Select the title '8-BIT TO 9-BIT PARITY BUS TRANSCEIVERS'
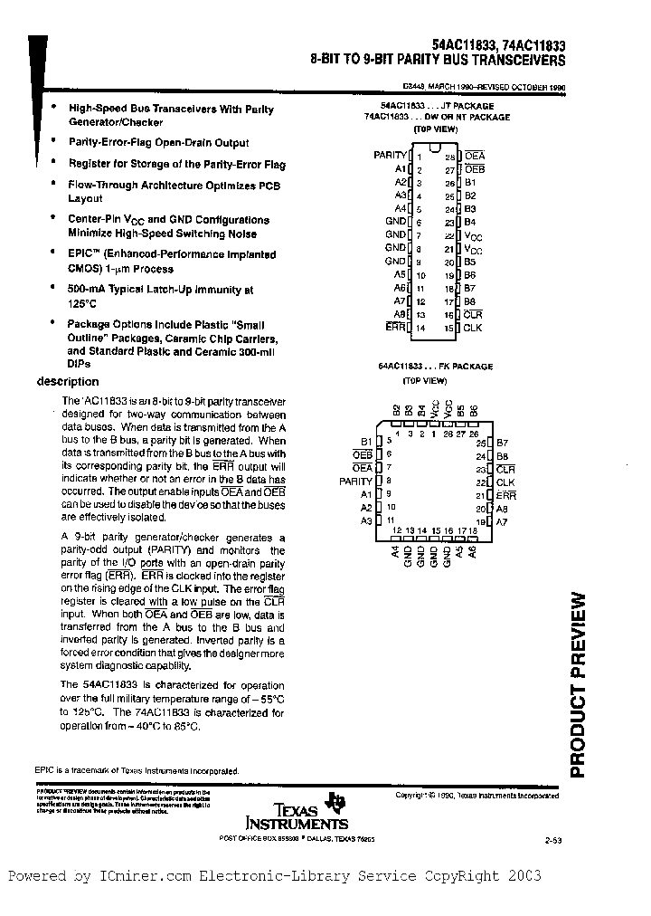click(438, 61)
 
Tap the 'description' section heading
click(68, 382)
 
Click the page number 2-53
click(553, 841)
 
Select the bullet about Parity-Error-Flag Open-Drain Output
click(158, 143)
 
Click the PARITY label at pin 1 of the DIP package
click(391, 156)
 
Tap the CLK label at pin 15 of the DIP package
click(473, 327)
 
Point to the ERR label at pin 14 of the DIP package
click(395, 327)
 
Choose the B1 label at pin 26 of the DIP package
click(470, 182)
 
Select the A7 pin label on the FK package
click(502, 521)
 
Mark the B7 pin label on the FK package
click(502, 443)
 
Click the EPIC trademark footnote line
click(137, 771)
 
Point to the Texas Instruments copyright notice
click(476, 796)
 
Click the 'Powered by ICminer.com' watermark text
click(275, 876)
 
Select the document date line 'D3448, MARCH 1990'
click(484, 88)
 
